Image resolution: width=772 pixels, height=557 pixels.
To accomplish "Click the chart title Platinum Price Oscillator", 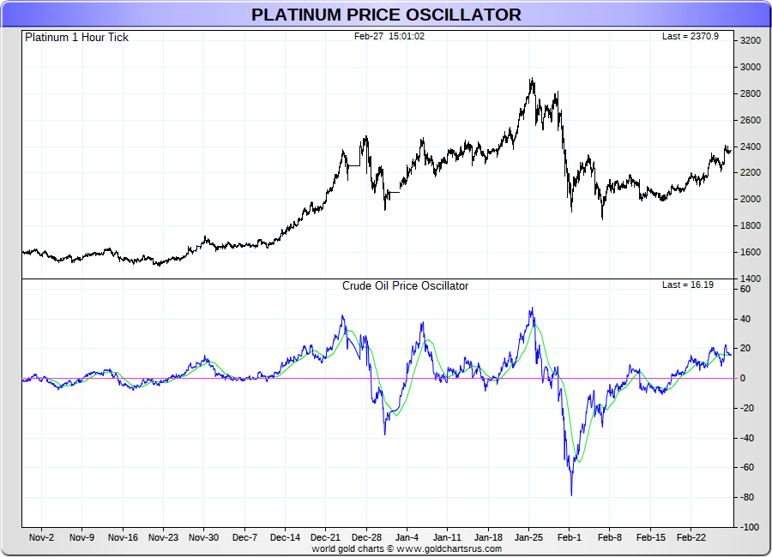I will [x=386, y=15].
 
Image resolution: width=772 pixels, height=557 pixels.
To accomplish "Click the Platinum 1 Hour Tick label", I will [x=76, y=38].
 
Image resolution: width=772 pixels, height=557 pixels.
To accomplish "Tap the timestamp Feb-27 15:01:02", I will [x=389, y=36].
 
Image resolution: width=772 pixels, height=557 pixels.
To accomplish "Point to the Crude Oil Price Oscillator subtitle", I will [x=405, y=286].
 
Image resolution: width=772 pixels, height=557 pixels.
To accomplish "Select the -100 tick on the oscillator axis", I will [x=750, y=527].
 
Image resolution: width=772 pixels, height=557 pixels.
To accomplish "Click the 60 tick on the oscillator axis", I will [x=745, y=290].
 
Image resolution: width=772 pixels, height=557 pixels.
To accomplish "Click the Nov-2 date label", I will [x=41, y=538].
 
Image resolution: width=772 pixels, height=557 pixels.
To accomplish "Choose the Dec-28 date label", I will [x=366, y=538].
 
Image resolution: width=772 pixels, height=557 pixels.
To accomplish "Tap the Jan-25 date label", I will [x=529, y=538].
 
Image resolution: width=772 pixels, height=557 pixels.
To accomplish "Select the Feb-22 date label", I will [x=691, y=538].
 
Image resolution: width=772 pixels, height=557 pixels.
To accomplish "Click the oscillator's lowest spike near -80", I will [x=571, y=494].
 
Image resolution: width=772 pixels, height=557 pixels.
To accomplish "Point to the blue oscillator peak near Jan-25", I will [x=532, y=308].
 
